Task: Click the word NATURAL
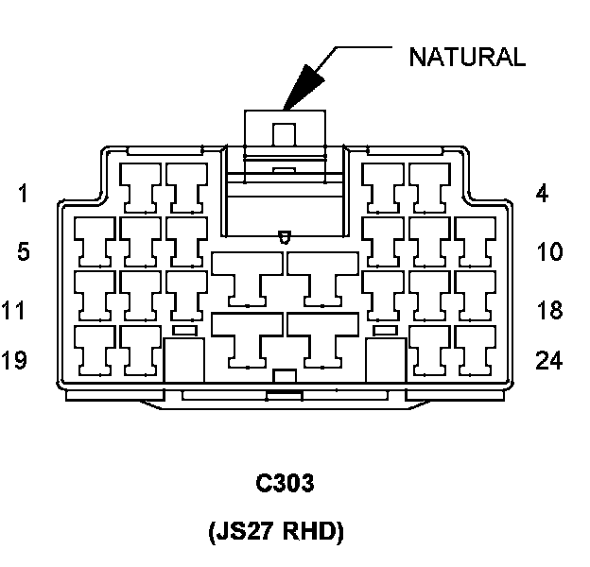coord(466,57)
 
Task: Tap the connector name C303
coord(285,484)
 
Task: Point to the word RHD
coord(313,532)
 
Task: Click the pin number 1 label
coord(23,195)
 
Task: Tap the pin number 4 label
coord(541,195)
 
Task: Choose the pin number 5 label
coord(23,252)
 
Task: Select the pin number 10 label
coord(548,252)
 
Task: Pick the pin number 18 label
coord(548,310)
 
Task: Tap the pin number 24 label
coord(548,360)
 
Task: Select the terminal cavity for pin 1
coord(141,186)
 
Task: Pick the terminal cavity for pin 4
coord(429,186)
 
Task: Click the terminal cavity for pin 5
coord(95,240)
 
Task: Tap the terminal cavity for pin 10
coord(475,240)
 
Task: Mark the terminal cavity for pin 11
coord(95,294)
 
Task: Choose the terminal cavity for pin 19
coord(95,349)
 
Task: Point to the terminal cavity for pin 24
coord(475,349)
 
